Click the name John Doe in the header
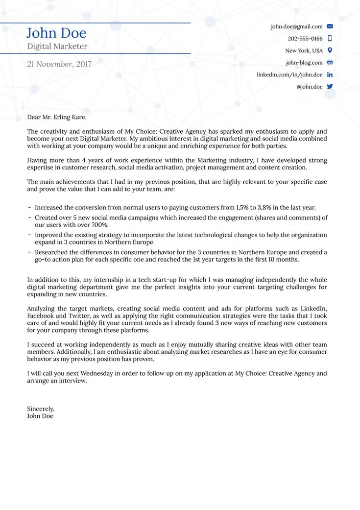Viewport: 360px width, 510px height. pos(56,33)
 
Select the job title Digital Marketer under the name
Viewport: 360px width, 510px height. pos(57,47)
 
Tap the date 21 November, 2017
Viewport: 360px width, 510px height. pos(59,64)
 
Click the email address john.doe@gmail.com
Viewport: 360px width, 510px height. pos(296,26)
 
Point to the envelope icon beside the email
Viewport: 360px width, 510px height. pos(330,26)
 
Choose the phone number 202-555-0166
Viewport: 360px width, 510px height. pos(305,39)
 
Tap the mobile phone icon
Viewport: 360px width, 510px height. pos(330,38)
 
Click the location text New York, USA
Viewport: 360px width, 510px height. pos(304,51)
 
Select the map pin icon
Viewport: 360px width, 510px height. pos(330,50)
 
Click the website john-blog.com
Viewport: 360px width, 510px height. pos(304,63)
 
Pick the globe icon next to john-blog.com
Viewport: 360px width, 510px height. pos(330,63)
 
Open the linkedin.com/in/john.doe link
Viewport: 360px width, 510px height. pos(289,75)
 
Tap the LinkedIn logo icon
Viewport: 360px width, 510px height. pos(330,74)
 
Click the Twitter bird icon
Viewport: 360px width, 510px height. pos(330,87)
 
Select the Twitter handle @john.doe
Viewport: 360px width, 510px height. pos(310,87)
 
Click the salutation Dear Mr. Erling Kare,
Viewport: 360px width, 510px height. pos(57,117)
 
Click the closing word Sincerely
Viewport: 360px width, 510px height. pos(41,409)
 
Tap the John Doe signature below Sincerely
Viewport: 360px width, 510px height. pos(40,416)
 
